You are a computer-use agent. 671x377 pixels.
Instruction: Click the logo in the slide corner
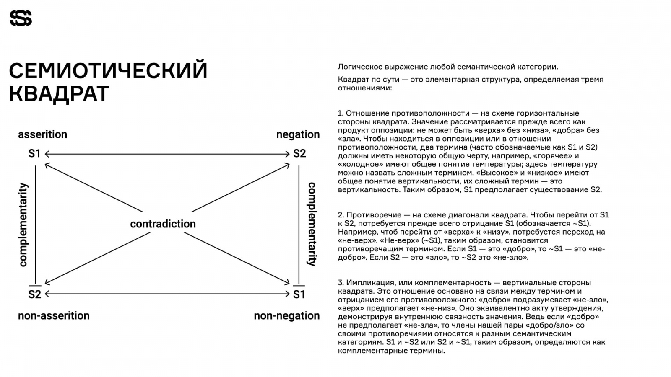coord(21,18)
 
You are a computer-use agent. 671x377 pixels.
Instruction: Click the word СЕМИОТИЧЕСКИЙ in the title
coord(108,70)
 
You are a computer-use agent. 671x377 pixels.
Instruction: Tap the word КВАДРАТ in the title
coord(59,94)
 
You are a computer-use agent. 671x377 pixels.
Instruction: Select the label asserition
coord(42,134)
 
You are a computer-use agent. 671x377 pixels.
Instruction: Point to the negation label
coord(298,134)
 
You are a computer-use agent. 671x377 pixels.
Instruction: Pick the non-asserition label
coord(54,315)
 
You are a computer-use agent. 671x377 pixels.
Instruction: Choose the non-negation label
coord(287,315)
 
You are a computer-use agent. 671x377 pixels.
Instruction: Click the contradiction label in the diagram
coord(163,224)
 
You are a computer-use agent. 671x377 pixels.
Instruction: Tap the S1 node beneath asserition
coord(34,154)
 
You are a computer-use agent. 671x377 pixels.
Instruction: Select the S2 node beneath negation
coord(299,154)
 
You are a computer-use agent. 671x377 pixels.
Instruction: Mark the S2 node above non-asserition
coord(34,294)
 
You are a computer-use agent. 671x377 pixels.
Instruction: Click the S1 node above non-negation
coord(299,294)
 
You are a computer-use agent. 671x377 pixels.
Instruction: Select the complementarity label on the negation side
coord(312,224)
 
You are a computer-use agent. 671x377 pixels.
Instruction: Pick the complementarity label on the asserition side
coord(23,225)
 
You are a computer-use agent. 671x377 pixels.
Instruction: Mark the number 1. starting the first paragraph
coord(341,113)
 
